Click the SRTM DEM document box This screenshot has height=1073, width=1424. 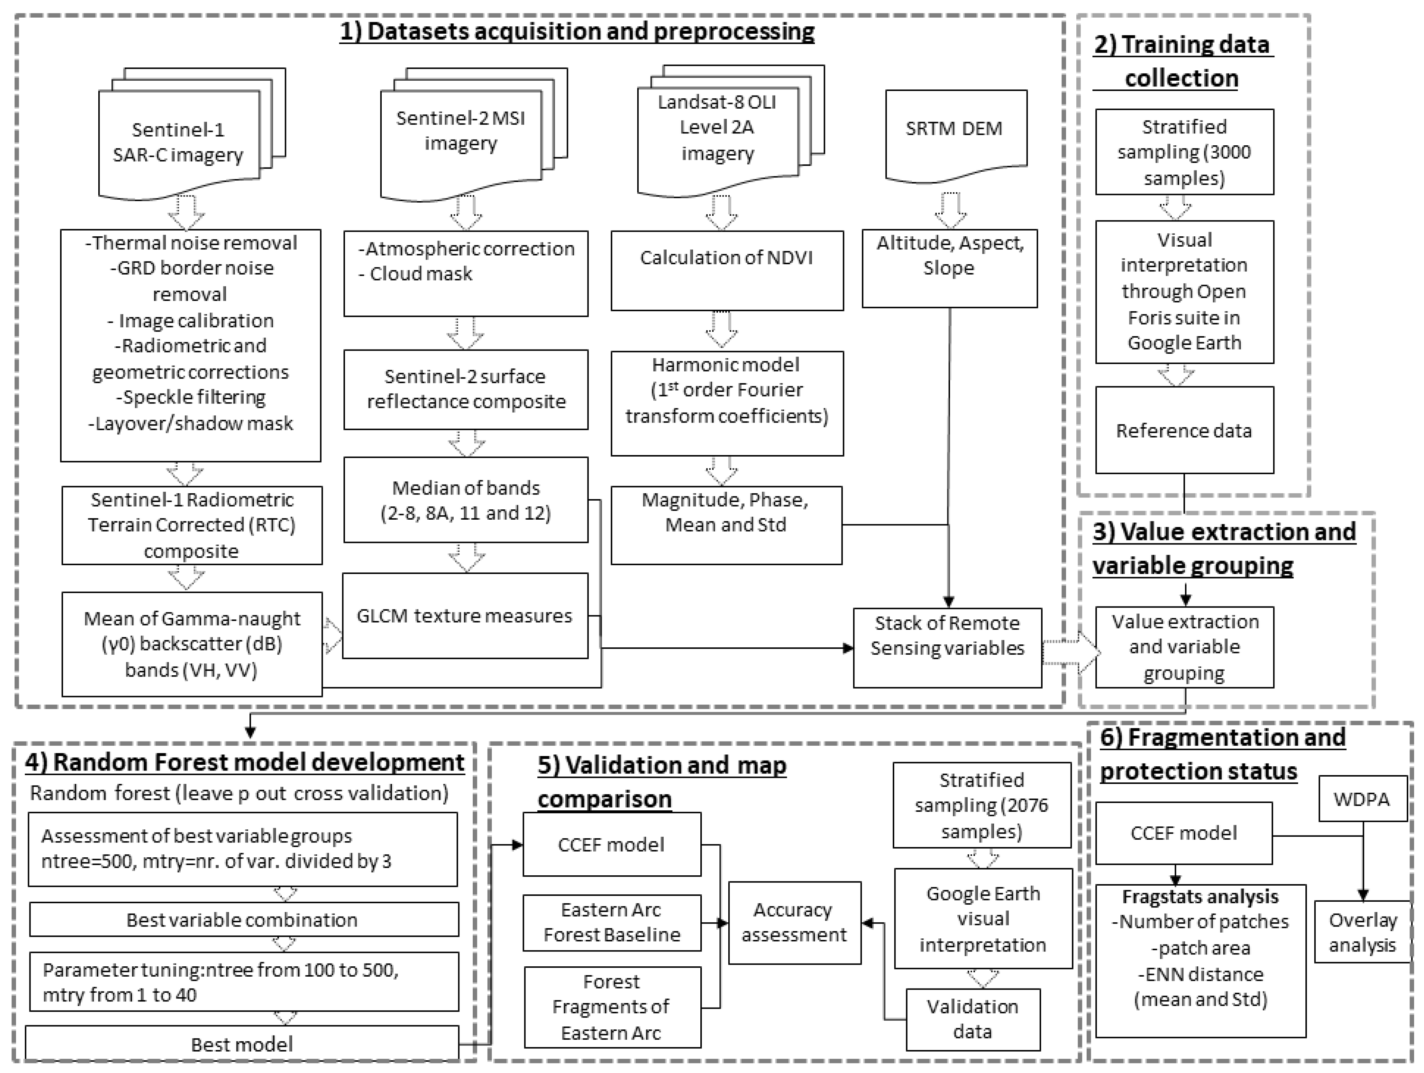[955, 132]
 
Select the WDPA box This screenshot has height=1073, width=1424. [1362, 800]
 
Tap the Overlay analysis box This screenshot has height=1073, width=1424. [1362, 932]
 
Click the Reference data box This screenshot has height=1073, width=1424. [1184, 430]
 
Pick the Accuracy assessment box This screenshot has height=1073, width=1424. [794, 922]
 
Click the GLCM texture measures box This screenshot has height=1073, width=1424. [465, 616]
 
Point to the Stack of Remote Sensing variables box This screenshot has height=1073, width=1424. [947, 647]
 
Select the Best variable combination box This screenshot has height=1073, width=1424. [243, 919]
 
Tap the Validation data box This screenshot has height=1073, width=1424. [973, 1019]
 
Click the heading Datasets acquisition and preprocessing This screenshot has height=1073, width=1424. [577, 31]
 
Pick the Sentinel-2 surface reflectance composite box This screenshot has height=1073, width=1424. [465, 389]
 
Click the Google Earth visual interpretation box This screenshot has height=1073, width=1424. [983, 919]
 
